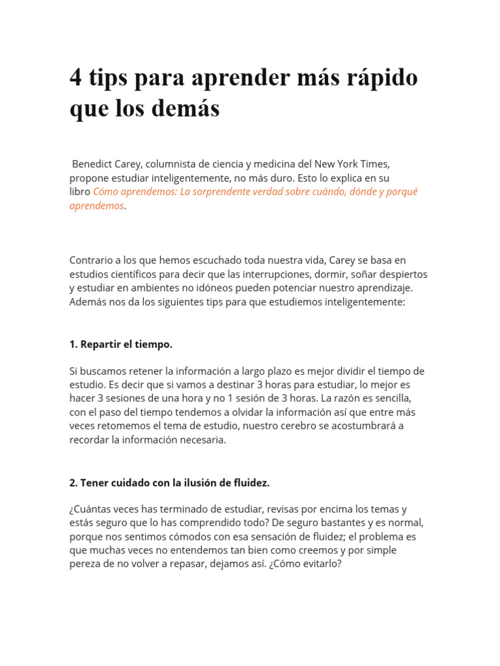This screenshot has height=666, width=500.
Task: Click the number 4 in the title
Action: point(77,78)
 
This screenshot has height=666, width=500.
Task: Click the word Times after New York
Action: point(373,164)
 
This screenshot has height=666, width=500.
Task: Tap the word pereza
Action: point(85,564)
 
